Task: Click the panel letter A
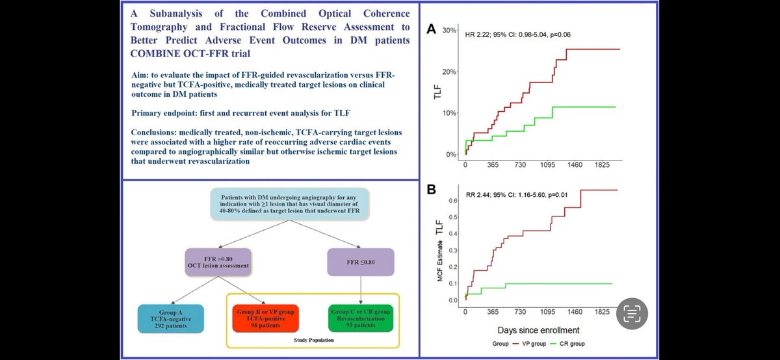pos(431,30)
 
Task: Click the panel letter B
pos(431,190)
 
